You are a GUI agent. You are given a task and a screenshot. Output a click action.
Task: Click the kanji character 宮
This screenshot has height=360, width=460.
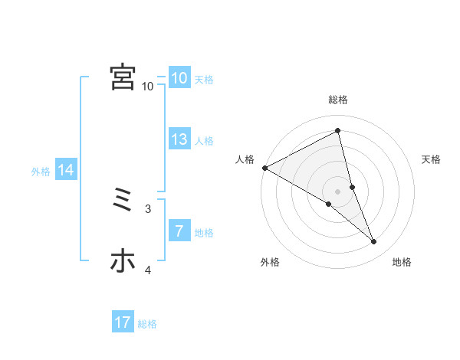123,77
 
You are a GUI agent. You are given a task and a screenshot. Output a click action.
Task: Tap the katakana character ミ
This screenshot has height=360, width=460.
123,200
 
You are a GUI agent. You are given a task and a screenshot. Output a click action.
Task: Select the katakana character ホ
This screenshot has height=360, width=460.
123,261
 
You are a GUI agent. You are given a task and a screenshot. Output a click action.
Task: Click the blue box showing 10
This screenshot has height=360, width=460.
179,77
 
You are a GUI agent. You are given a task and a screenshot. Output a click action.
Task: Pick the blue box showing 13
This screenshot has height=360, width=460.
179,139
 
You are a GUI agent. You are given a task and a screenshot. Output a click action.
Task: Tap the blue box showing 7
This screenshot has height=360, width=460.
179,231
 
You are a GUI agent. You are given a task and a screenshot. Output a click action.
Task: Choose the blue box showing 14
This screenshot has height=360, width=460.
66,170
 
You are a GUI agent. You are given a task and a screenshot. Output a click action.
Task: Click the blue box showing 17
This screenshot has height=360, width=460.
123,322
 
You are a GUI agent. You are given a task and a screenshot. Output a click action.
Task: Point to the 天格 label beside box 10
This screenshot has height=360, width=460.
204,79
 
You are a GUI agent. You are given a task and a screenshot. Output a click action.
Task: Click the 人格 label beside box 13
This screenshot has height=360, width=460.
204,141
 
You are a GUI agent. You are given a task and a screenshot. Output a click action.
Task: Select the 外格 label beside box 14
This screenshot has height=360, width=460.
41,172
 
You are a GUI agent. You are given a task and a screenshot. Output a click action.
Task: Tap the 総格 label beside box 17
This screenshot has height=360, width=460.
147,324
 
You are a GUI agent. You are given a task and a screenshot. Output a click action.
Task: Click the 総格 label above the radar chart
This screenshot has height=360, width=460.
337,100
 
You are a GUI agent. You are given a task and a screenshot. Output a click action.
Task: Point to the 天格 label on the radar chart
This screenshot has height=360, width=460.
432,159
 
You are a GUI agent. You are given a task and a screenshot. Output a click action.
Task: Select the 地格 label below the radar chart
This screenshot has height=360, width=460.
402,262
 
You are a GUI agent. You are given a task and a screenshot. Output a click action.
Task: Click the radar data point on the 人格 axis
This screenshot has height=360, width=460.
264,168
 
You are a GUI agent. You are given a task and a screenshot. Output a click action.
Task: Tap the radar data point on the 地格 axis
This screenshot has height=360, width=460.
374,242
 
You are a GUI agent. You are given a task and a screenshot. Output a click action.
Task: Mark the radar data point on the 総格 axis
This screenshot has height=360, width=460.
337,131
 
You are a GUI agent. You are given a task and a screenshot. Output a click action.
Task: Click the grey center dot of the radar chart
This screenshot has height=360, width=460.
337,191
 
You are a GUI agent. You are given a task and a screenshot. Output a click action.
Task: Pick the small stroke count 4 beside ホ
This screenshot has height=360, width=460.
148,270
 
